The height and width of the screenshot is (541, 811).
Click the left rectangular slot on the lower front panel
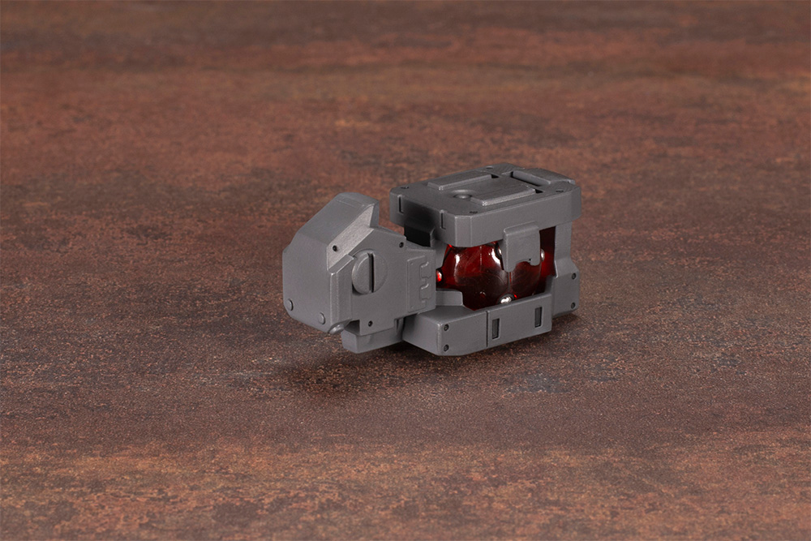click(x=495, y=327)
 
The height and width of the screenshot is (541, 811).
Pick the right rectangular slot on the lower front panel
click(x=537, y=316)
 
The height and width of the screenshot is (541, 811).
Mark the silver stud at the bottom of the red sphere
click(x=504, y=299)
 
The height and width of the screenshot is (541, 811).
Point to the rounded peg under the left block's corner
click(x=335, y=328)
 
